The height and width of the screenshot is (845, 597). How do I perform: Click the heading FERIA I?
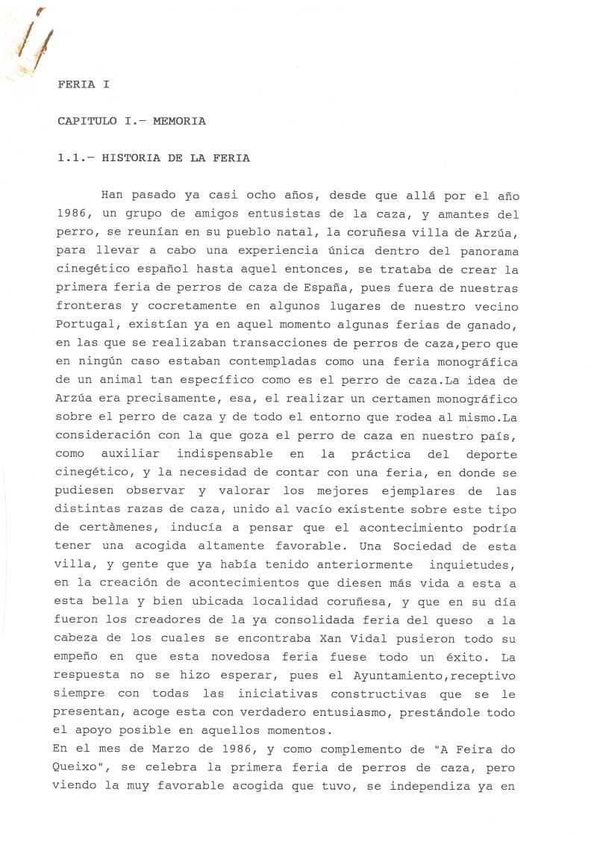point(82,84)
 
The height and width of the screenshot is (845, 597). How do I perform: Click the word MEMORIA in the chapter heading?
point(179,120)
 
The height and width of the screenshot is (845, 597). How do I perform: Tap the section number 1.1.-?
point(75,158)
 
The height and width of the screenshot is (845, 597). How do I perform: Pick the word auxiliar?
point(130,452)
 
